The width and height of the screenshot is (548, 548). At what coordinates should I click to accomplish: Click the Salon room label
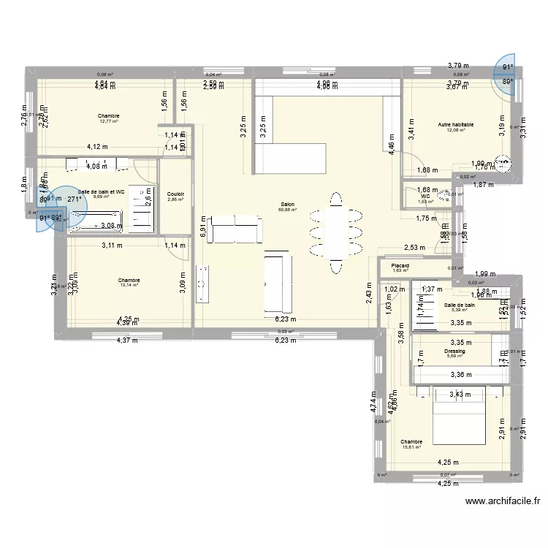point(287,205)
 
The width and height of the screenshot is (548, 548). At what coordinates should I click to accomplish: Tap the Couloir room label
point(175,194)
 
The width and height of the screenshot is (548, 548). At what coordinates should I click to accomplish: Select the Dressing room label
point(454,351)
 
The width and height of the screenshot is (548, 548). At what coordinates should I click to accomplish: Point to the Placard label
point(400,265)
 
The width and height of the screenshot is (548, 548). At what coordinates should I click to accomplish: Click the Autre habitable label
point(456,125)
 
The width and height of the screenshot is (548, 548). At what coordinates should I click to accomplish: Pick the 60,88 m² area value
point(287,210)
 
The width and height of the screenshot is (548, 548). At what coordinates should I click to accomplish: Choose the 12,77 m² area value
point(108,121)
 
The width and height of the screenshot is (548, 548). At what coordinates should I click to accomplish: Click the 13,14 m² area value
point(129,286)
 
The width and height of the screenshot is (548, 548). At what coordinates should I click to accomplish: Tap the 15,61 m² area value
point(411,447)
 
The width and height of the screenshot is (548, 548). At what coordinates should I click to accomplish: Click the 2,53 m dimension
point(414,248)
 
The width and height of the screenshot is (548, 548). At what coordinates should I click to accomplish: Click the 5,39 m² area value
point(458,311)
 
